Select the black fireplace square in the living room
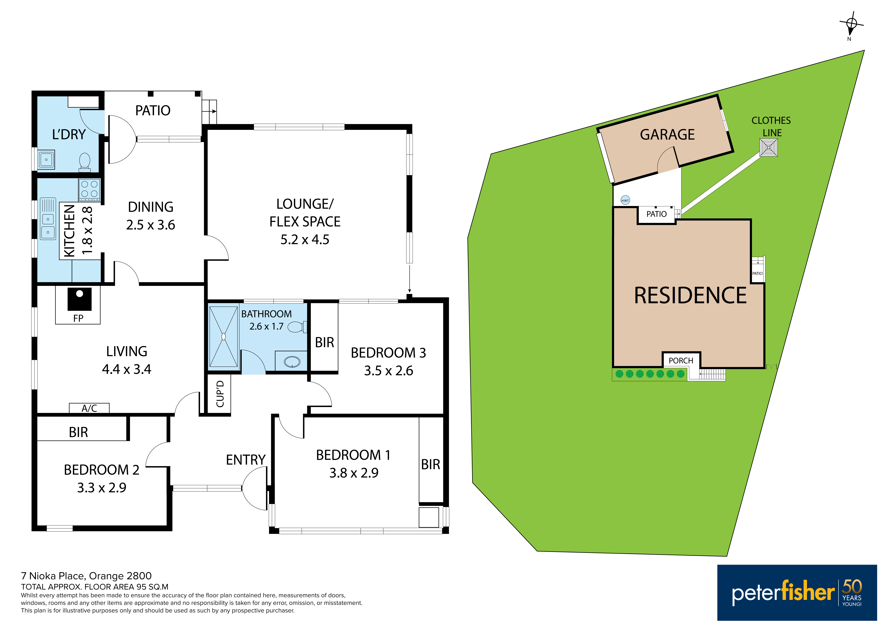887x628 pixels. (x=80, y=299)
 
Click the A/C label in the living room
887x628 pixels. (x=89, y=408)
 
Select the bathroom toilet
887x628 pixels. (x=297, y=327)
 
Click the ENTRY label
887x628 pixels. (x=246, y=460)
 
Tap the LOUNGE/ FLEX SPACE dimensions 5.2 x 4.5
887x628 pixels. (x=305, y=240)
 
